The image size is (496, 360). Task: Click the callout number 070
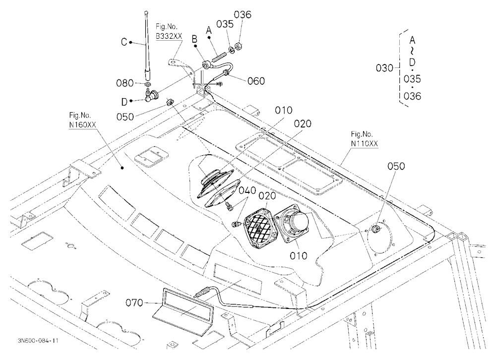pyautogui.click(x=135, y=303)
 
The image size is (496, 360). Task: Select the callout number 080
pyautogui.click(x=125, y=83)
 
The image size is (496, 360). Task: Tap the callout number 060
pyautogui.click(x=256, y=81)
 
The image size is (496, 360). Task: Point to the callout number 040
pyautogui.click(x=247, y=190)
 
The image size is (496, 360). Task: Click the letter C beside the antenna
pyautogui.click(x=124, y=42)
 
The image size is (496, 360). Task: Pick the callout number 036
pyautogui.click(x=243, y=14)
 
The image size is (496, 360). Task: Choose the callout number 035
pyautogui.click(x=225, y=24)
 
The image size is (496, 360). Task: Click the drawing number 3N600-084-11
pyautogui.click(x=38, y=341)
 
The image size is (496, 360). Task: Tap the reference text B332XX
pyautogui.click(x=169, y=36)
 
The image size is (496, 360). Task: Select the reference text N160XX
pyautogui.click(x=82, y=125)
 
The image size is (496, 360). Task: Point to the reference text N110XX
pyautogui.click(x=365, y=143)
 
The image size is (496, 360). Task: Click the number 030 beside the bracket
pyautogui.click(x=384, y=68)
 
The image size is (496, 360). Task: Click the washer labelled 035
pyautogui.click(x=231, y=50)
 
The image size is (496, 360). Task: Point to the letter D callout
pyautogui.click(x=124, y=102)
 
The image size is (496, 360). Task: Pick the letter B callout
pyautogui.click(x=194, y=39)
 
